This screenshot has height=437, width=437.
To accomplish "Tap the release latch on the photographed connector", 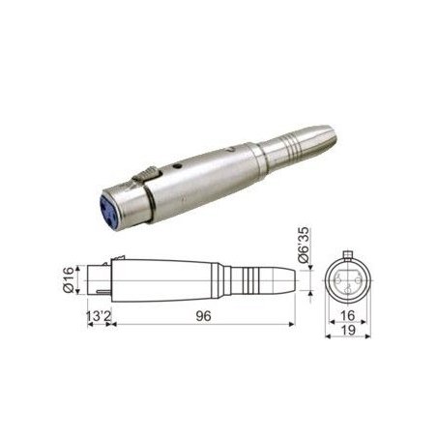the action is tap(147, 174).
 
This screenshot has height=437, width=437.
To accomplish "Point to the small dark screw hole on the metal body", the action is tap(176, 166).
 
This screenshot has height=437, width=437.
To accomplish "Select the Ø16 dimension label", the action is tap(69, 279).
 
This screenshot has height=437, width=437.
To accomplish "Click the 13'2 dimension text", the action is tap(99, 316).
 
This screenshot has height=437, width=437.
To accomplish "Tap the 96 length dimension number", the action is tap(203, 316).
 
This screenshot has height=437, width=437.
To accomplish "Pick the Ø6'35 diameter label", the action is tap(303, 245).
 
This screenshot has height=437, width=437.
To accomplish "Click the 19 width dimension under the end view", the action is tap(348, 330).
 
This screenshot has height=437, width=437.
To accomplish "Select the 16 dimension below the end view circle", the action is tap(348, 315).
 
